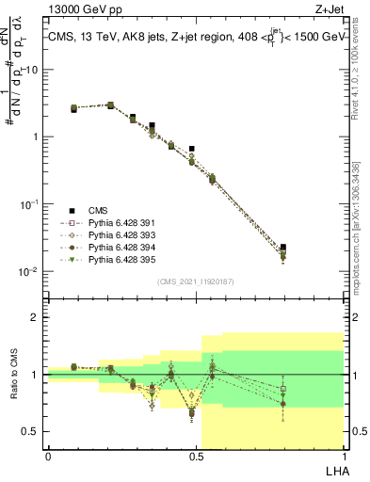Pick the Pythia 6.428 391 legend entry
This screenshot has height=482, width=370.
coord(114,222)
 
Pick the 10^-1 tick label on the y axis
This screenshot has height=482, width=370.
coord(32,203)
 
